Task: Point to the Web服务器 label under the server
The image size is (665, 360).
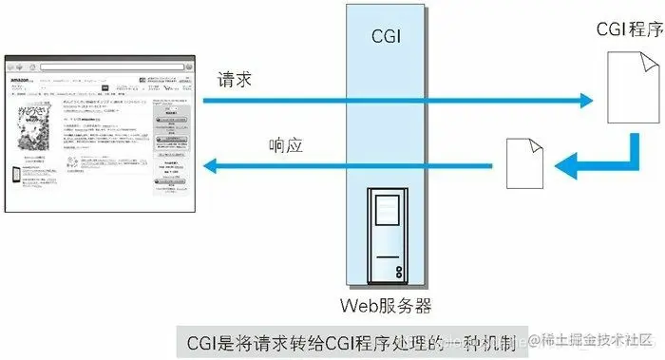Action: tap(386, 304)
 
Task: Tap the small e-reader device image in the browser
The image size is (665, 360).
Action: tap(18, 175)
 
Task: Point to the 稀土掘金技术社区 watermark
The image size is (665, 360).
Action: tap(593, 340)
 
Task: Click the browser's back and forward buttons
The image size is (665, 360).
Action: tap(18, 66)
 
